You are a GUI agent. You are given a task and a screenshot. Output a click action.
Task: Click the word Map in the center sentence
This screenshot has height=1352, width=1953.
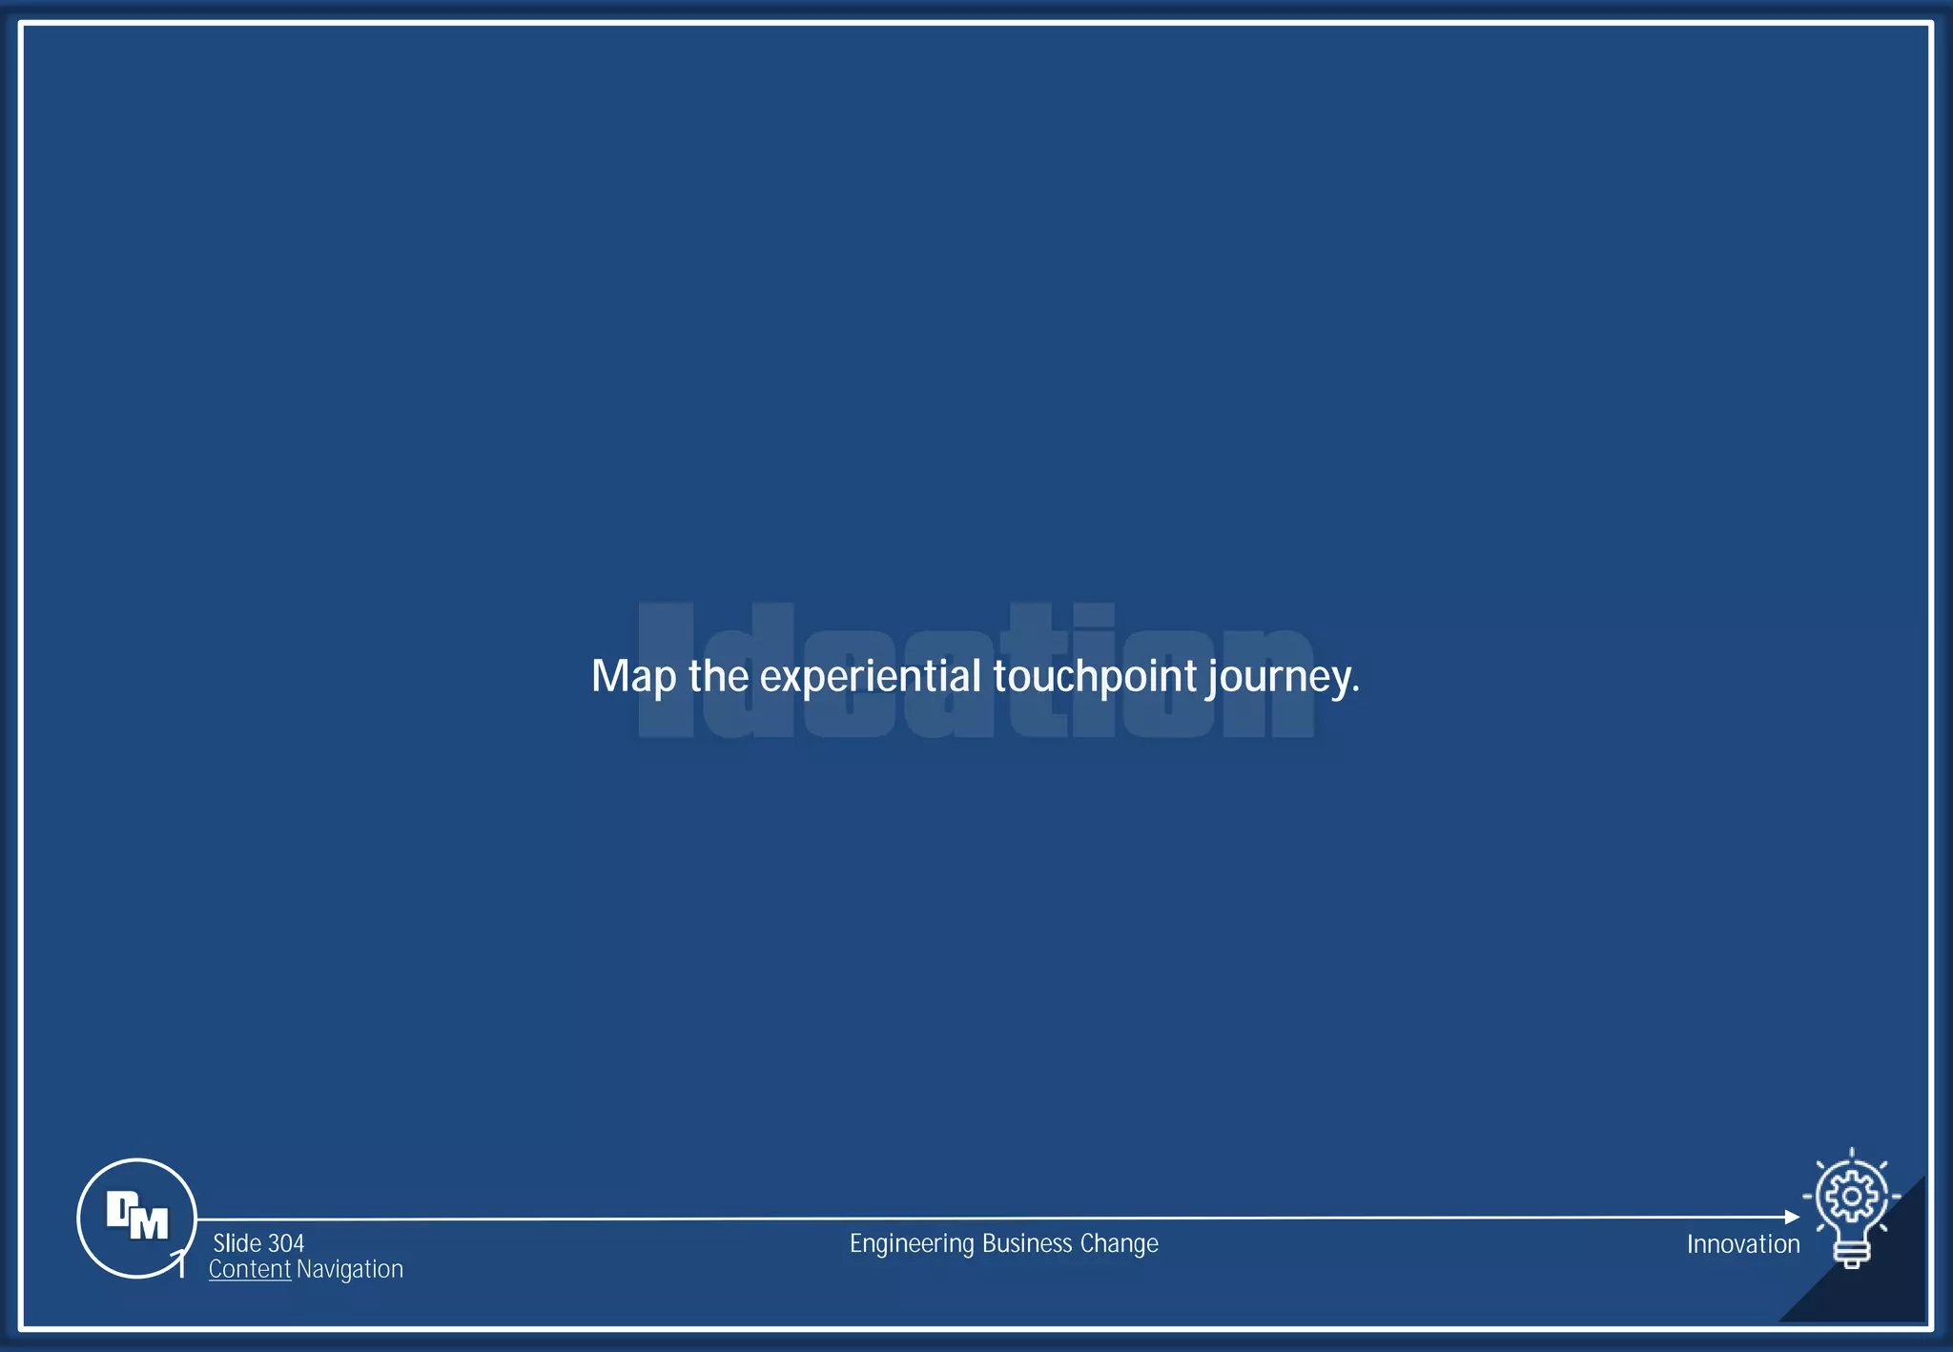[633, 677]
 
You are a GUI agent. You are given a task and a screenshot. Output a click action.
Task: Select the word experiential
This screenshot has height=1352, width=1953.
[871, 677]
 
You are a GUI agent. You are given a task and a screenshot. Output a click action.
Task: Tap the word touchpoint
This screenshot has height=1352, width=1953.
[1095, 677]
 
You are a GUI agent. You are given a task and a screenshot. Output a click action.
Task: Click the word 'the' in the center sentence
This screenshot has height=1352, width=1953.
[718, 676]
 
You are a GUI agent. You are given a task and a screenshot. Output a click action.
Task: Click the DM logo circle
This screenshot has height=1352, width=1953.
[136, 1218]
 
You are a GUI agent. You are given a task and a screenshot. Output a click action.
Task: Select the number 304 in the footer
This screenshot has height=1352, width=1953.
[286, 1243]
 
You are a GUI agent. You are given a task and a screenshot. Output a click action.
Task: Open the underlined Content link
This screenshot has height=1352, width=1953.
[250, 1269]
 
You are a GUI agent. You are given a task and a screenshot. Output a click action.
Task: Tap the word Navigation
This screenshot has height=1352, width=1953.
[350, 1269]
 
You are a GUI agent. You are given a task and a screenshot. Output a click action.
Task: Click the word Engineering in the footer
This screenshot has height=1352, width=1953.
[913, 1244]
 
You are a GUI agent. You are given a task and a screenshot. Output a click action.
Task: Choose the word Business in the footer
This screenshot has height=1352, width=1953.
[1027, 1243]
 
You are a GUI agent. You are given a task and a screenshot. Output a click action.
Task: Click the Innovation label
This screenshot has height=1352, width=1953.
[1743, 1244]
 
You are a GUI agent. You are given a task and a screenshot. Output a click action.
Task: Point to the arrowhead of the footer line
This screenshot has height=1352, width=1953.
[1792, 1218]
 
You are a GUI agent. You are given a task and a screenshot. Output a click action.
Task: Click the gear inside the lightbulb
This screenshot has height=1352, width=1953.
[1851, 1196]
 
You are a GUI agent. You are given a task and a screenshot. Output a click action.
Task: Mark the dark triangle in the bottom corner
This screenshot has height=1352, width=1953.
[1883, 1287]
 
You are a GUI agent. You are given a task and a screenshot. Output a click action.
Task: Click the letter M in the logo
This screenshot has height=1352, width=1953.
[149, 1223]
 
